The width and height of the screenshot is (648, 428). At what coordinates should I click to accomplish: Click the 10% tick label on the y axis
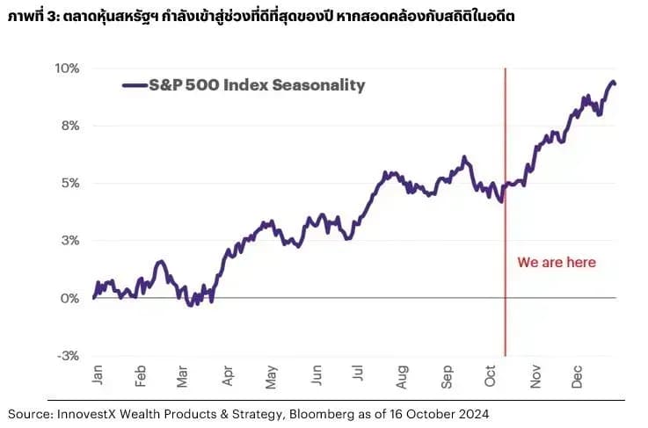coord(67,69)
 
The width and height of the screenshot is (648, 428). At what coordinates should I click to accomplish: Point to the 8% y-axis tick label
coord(70,126)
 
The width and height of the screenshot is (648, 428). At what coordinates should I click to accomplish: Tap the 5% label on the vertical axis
coord(70,183)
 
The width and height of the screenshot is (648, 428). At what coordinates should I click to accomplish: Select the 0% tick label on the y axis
coord(69,298)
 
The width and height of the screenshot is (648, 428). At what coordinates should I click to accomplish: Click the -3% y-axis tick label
coord(69,356)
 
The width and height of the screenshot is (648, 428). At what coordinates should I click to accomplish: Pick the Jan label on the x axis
coord(98,375)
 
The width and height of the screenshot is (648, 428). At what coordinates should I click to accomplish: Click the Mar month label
coord(182,377)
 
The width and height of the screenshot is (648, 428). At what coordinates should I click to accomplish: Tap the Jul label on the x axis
coord(358,374)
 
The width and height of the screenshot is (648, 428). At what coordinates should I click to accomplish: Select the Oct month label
coord(490,376)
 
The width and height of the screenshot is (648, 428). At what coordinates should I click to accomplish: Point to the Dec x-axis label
coord(577,377)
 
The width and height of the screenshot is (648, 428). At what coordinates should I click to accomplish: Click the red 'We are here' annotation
coord(557,262)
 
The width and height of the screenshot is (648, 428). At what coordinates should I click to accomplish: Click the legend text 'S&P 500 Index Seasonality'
coord(257,85)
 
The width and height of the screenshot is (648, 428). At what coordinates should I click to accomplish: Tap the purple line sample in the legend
coord(135,85)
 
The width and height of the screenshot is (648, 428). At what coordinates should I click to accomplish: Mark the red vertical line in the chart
coord(505,212)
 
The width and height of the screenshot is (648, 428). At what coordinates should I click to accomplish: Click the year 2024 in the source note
coord(475,414)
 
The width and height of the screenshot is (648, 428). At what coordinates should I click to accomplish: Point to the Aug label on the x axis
coord(402,377)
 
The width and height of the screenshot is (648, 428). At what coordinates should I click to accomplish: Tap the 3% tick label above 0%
coord(70,241)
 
